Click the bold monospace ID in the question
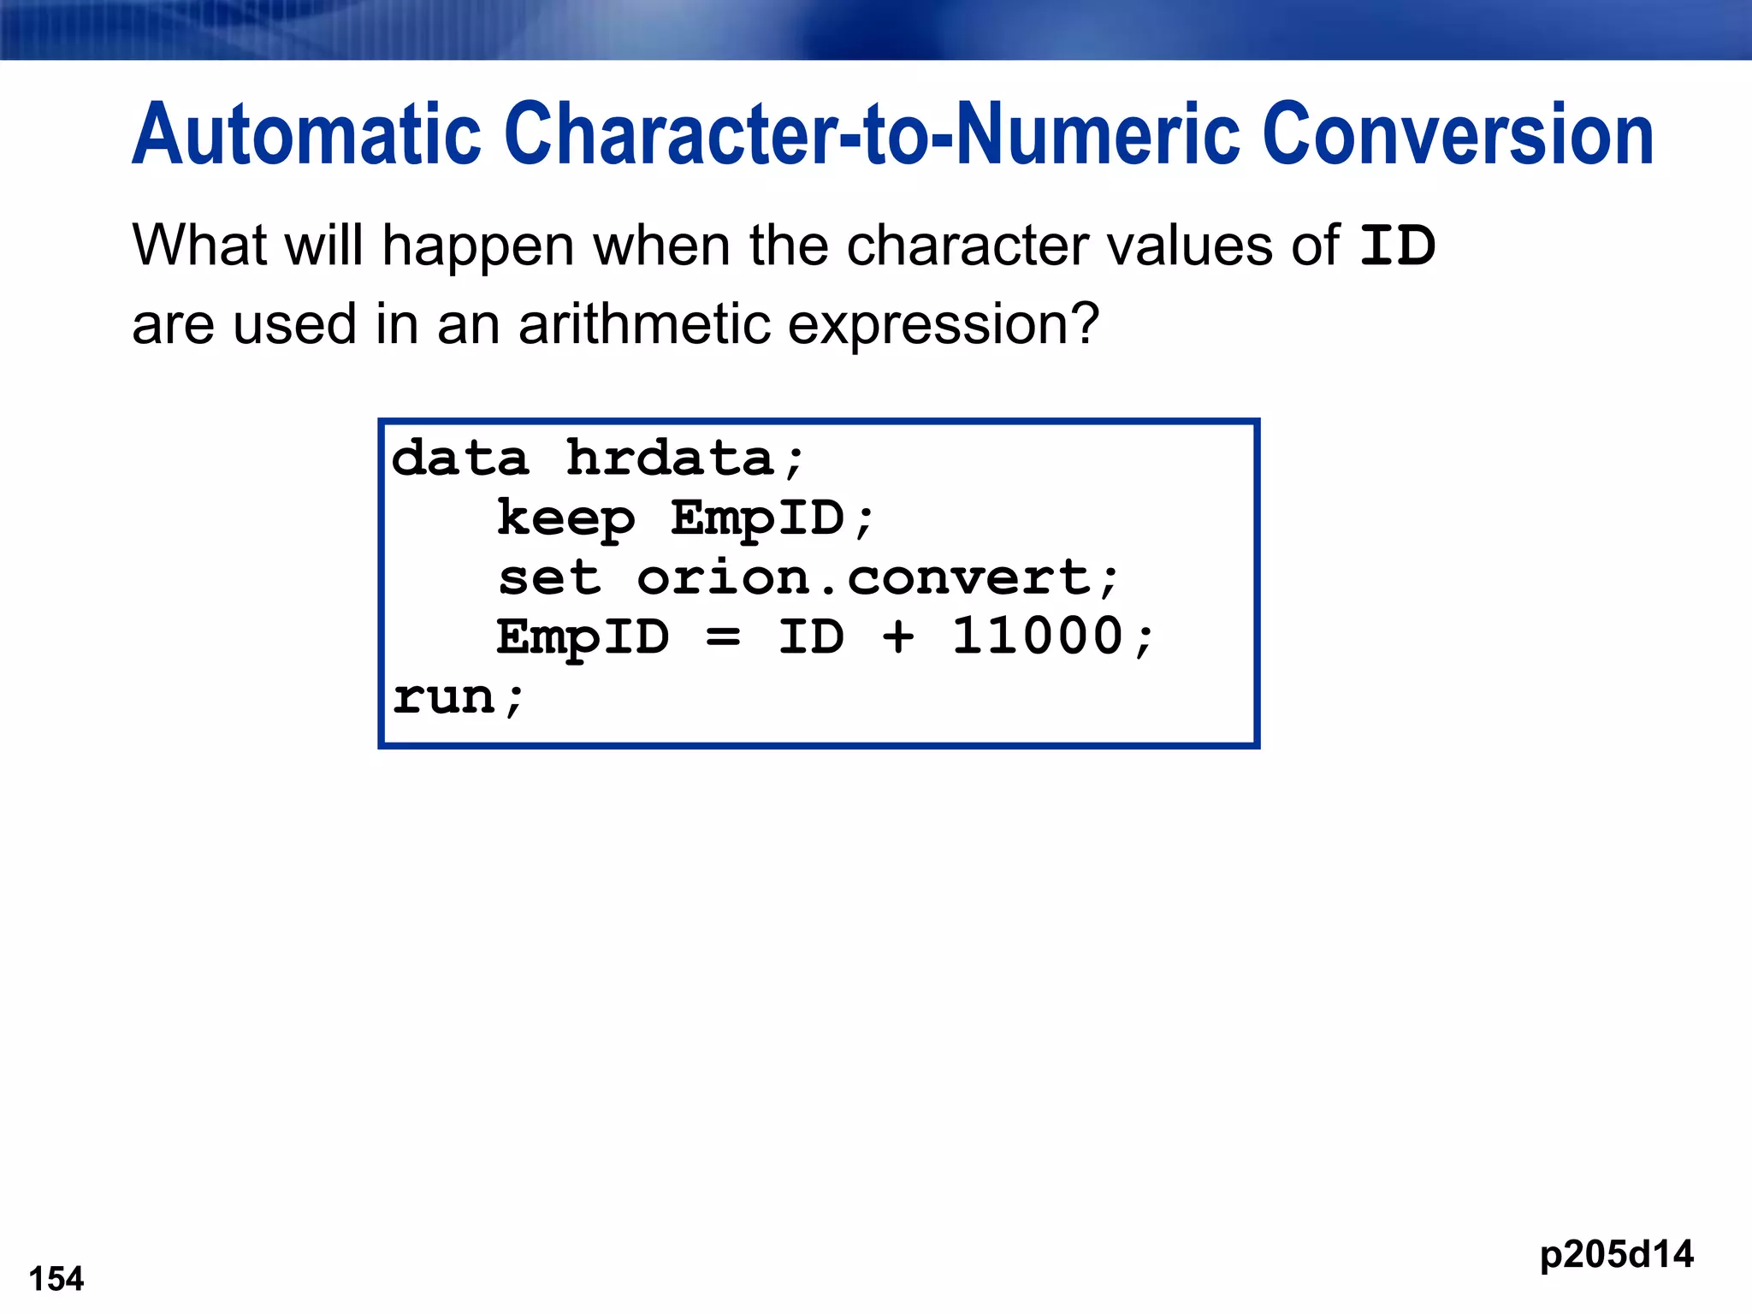1397,246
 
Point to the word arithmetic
644,325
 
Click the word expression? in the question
942,327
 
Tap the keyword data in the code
460,459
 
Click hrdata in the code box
672,459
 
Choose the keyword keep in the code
565,519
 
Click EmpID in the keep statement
758,519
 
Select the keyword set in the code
549,578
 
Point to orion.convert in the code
864,578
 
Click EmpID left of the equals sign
583,638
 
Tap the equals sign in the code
724,638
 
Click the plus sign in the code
898,638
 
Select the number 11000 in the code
1038,637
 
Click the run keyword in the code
445,698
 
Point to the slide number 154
56,1279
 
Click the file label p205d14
1616,1255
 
